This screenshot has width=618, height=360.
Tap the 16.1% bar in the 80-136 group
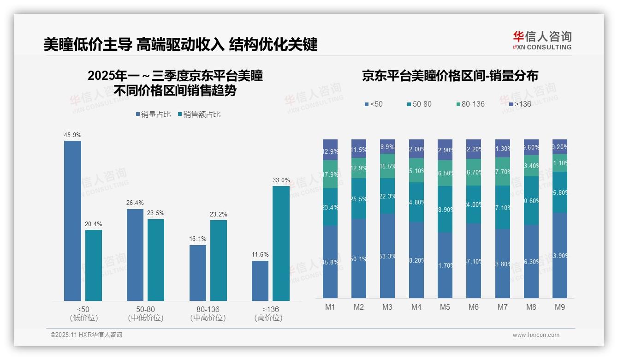tap(197, 273)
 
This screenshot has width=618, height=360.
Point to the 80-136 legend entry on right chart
tap(470, 104)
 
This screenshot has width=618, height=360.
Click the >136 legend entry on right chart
tap(520, 104)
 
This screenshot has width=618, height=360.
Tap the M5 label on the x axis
tap(445, 307)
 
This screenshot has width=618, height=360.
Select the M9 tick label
tap(559, 307)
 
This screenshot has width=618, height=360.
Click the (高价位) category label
tap(268, 318)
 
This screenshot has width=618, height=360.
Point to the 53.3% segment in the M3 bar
tap(387, 256)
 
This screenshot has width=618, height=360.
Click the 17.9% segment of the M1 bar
tap(330, 174)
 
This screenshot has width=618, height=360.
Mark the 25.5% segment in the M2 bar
tap(359, 198)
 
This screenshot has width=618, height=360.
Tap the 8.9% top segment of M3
tap(387, 146)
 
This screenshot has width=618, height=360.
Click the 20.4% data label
tap(93, 224)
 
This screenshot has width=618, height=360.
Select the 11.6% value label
tap(260, 255)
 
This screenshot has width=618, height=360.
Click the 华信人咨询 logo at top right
tap(542, 40)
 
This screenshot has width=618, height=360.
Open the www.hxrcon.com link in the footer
tap(536, 335)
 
